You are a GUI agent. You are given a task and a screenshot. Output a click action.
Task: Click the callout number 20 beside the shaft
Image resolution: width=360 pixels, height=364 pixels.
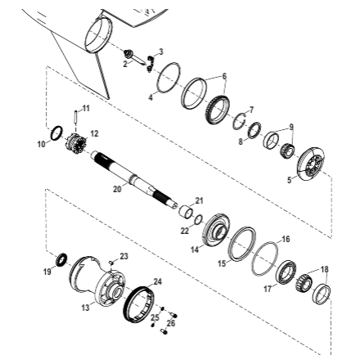(116, 189)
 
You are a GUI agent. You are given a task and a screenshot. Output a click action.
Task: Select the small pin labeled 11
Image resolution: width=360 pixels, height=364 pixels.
(77, 118)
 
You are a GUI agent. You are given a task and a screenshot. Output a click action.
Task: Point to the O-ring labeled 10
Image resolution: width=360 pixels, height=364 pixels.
(56, 133)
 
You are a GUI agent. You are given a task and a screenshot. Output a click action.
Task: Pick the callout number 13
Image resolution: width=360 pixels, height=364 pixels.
(86, 308)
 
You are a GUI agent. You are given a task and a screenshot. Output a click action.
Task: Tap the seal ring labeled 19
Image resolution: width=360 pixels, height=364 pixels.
(61, 260)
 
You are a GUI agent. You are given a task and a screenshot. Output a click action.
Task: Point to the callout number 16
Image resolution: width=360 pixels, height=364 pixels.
(285, 239)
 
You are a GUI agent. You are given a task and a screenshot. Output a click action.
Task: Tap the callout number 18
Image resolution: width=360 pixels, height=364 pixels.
(324, 269)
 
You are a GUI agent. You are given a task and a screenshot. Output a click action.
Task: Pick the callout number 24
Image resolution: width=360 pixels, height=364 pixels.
(157, 281)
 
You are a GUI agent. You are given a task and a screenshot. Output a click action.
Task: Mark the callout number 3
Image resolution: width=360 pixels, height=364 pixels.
(160, 51)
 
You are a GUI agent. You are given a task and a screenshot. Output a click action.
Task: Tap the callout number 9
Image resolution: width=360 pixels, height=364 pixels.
(291, 128)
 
